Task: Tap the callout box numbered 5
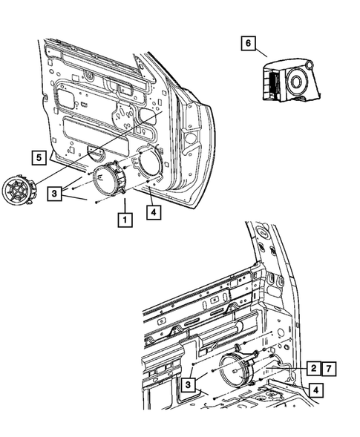(x=36, y=157)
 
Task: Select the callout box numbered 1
(x=124, y=220)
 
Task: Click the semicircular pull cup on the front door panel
(x=96, y=154)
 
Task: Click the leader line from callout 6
(x=263, y=51)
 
